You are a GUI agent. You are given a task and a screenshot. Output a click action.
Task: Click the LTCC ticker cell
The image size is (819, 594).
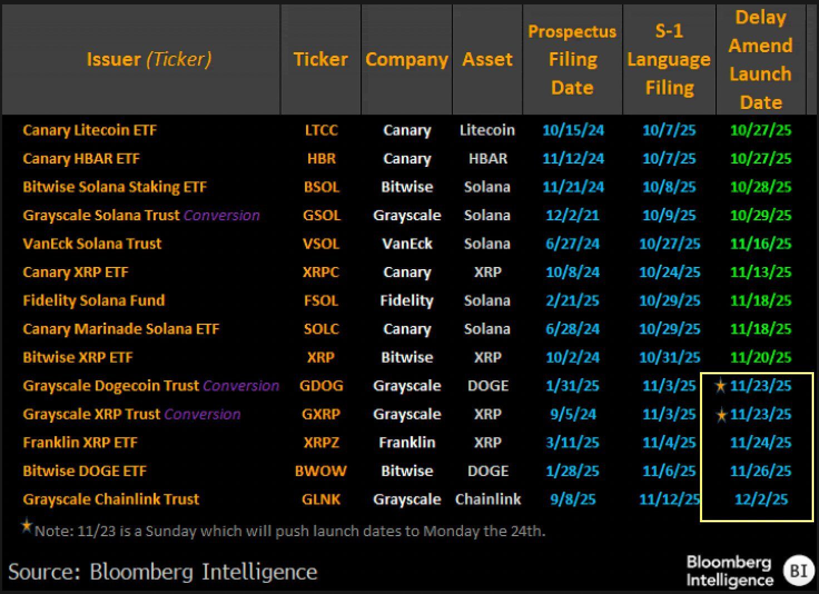(321, 130)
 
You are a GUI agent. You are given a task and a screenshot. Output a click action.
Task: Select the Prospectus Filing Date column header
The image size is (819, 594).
(572, 60)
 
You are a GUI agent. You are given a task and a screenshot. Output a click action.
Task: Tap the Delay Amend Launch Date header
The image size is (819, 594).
(760, 60)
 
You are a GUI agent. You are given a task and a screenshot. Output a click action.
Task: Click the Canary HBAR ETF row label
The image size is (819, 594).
(81, 159)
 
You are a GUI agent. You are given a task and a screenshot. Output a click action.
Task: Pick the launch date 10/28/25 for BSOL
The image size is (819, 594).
(760, 187)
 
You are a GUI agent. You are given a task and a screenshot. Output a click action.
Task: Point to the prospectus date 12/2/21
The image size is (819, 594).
(572, 215)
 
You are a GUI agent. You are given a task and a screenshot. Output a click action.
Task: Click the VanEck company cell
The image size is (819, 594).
(407, 244)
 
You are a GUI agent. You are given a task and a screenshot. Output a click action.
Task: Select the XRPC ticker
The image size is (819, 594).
(320, 272)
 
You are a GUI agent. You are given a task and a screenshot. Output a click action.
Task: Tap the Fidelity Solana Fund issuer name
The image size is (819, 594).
(94, 300)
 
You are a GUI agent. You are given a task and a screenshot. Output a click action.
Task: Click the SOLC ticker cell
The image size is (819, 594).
(321, 329)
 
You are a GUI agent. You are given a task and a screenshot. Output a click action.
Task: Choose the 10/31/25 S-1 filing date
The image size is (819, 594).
(669, 357)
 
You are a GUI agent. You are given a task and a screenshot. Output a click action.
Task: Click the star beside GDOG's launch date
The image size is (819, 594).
(721, 385)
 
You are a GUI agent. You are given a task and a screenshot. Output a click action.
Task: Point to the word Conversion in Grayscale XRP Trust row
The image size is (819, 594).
(203, 414)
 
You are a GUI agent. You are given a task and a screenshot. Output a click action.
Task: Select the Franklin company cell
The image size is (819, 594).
(407, 443)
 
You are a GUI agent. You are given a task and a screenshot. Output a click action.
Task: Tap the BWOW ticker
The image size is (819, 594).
(320, 471)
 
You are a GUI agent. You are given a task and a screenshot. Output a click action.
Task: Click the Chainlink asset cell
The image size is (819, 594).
(488, 499)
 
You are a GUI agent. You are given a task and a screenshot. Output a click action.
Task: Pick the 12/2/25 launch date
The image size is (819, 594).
(761, 499)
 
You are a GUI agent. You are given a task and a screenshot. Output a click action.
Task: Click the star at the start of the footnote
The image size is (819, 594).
(26, 526)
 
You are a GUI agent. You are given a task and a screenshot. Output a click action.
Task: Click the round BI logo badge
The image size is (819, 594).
(799, 571)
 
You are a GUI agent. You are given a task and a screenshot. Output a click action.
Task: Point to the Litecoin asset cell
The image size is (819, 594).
(487, 130)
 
